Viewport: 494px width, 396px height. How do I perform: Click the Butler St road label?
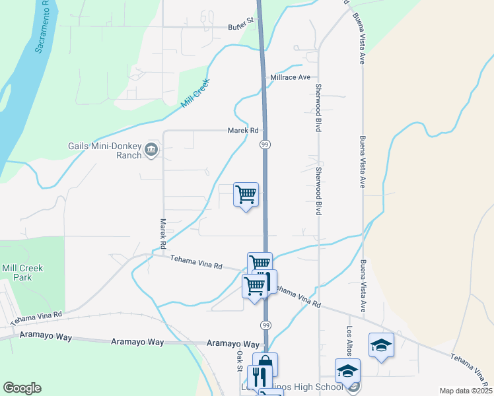pos(241,24)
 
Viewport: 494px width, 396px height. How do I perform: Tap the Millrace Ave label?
pos(290,77)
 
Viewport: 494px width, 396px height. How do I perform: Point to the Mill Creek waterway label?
pos(195,96)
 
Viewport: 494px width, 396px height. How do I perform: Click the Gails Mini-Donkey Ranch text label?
pos(105,150)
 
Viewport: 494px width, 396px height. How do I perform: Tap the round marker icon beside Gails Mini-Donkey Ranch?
pos(151,150)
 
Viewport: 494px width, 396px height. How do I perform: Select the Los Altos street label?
pos(349,341)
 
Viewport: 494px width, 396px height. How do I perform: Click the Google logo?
pos(22,388)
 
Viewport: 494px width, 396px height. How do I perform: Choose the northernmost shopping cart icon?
pos(246,195)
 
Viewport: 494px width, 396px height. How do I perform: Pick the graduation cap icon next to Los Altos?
pos(381,345)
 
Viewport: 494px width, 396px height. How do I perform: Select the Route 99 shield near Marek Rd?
pos(264,145)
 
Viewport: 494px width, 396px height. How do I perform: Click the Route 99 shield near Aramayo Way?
pos(264,325)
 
